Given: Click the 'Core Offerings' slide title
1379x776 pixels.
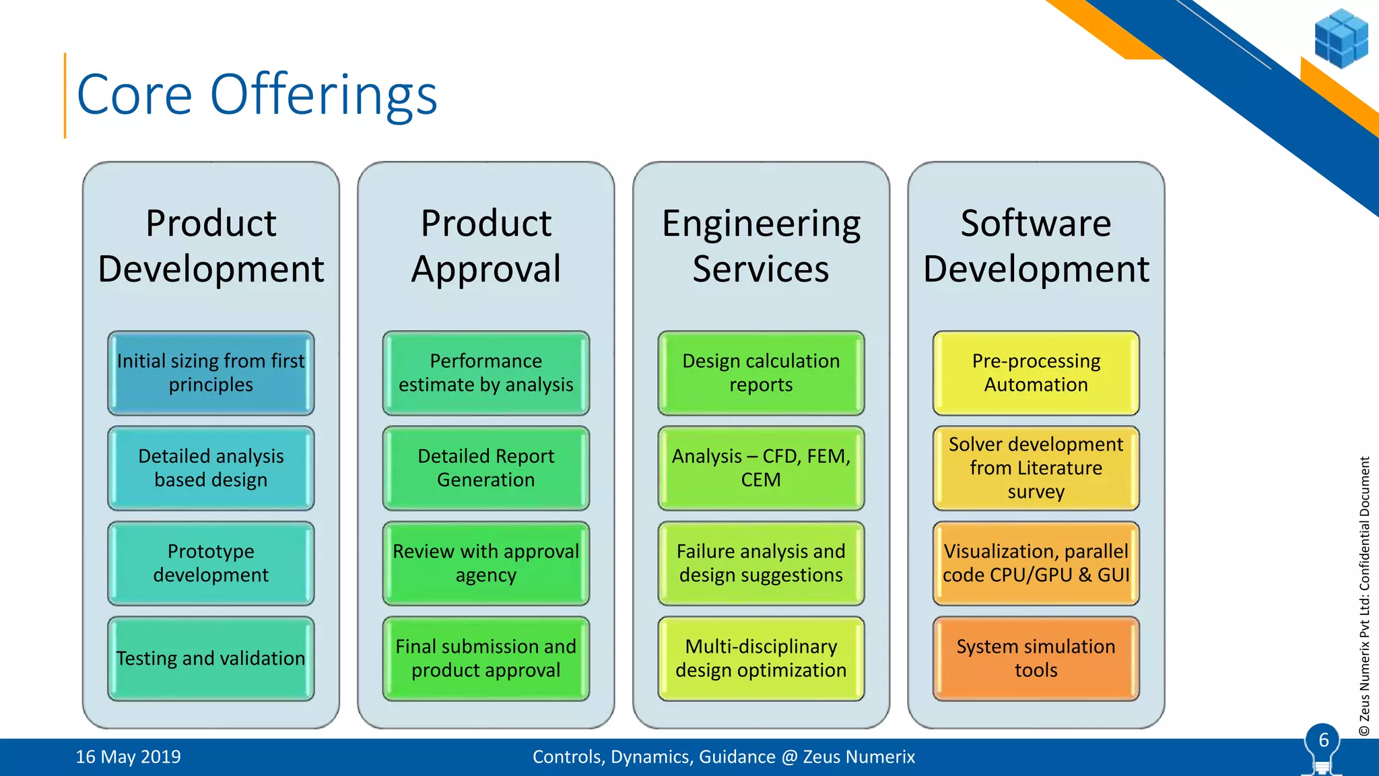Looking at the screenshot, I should pos(257,95).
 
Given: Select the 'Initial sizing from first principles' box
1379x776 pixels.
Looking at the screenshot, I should pos(211,373).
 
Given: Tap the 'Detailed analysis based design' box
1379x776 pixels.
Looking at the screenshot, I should pos(211,467).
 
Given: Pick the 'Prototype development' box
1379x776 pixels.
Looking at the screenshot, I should pos(211,563).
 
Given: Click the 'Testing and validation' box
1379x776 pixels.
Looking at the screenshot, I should pos(211,658).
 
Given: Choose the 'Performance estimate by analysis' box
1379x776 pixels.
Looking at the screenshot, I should pos(485,373).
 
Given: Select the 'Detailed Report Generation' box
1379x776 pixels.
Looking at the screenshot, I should pos(485,467).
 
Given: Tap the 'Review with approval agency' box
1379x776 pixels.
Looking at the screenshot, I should pos(485,563).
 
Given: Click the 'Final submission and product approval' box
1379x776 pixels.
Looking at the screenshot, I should pos(485,658).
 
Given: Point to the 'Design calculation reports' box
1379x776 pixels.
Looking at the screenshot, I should pos(761,373).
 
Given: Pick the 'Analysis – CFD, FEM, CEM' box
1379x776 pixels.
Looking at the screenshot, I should pos(761,467).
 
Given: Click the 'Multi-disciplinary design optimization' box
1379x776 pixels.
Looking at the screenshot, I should pos(761,658).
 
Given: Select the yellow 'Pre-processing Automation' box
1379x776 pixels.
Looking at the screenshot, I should pos(1036,373).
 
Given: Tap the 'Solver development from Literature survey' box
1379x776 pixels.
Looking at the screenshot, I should pos(1036,467).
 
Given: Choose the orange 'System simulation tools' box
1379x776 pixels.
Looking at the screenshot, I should pos(1036,658).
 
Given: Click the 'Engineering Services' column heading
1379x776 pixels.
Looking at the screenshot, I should pos(761,246).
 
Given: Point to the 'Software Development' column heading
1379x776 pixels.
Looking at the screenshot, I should pos(1036,246).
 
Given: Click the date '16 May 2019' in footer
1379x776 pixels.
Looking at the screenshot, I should pos(128,757).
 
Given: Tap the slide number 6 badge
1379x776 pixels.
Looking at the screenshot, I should pos(1323,741).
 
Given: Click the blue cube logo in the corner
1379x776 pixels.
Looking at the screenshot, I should pos(1341,38).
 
